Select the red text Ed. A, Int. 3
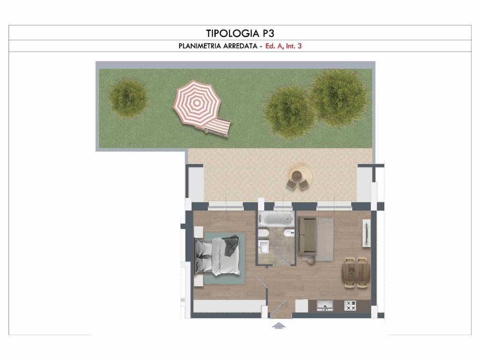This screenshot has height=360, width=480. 284,46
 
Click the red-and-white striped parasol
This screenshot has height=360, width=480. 197,103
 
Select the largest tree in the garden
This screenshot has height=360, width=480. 339,98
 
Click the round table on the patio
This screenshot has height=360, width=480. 297,176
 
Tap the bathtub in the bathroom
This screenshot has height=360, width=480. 276,218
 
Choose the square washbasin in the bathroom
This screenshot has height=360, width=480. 263,247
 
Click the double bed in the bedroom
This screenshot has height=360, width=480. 217,256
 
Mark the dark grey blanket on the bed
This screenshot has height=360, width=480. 232,245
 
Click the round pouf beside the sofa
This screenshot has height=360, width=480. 311,260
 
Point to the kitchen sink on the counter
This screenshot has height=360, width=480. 325,305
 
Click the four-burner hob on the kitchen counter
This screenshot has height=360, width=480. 350,305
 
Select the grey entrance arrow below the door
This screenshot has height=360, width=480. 279,326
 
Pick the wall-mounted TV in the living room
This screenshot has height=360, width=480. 367,233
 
